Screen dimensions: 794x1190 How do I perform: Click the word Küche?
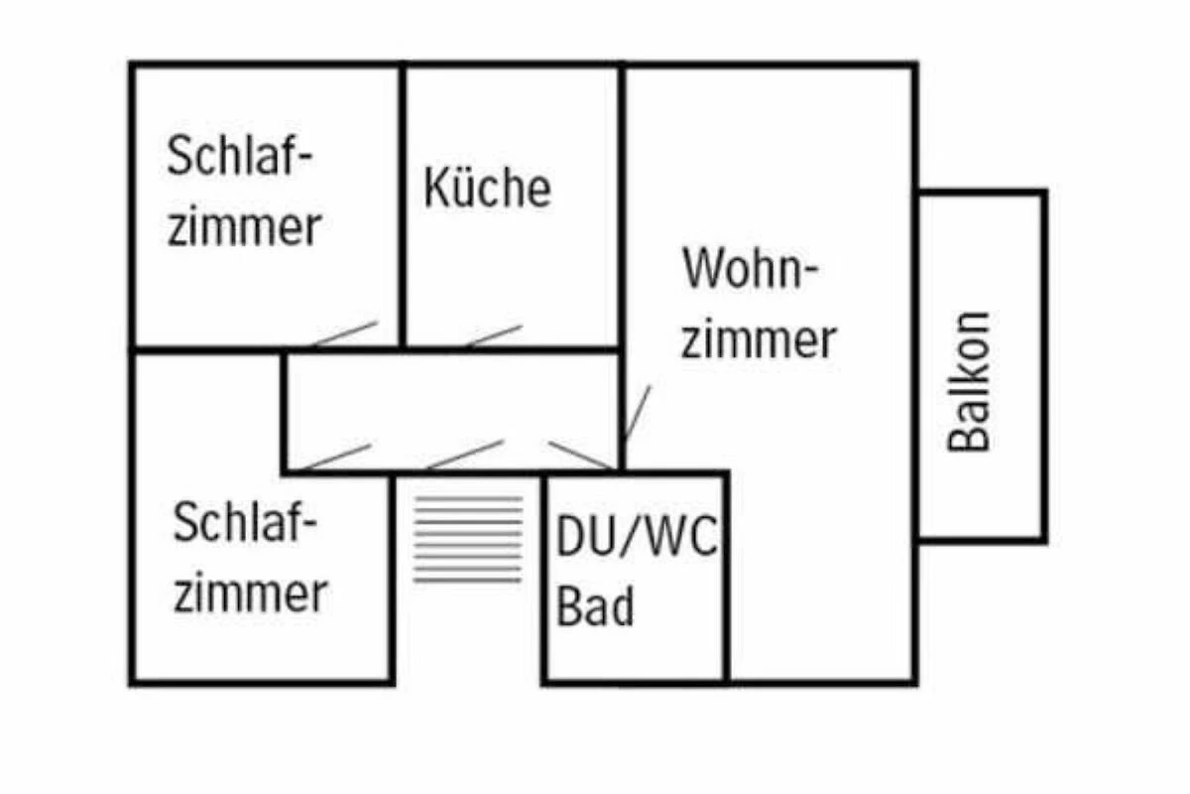487,188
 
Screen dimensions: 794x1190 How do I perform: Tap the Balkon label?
969,382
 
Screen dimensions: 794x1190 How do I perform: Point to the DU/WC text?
636,539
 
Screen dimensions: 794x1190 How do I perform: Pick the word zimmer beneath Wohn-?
759,339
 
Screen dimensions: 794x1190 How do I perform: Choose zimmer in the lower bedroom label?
250,593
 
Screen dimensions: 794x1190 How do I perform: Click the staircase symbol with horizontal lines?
468,539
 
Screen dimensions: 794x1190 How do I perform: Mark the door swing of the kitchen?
493,335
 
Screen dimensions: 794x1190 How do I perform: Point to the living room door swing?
636,413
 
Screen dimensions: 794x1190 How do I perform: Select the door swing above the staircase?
464,454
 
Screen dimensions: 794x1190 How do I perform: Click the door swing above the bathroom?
581,455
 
